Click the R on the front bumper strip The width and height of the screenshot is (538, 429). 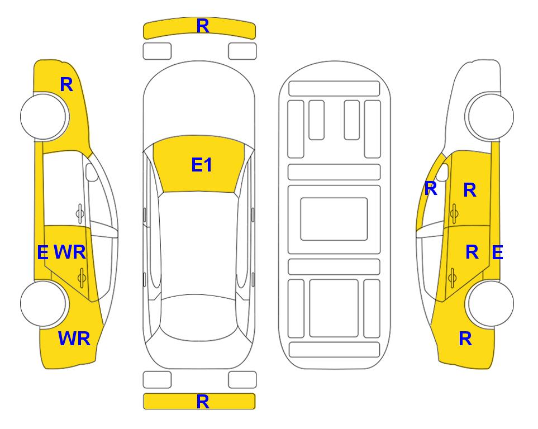coord(202,26)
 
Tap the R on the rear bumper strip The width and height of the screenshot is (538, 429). coord(202,401)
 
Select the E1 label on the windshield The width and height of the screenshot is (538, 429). coord(202,165)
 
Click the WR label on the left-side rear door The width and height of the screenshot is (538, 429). coord(70,252)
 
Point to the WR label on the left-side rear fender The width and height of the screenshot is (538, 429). coord(74,339)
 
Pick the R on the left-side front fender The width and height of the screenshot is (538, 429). coord(66,84)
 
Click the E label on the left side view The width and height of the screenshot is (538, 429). coord(42,252)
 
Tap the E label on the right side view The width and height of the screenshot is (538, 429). coord(497,252)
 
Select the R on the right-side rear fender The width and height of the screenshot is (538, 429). coord(465,339)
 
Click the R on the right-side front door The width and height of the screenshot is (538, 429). coord(470,190)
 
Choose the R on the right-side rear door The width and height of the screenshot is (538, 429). coord(472,252)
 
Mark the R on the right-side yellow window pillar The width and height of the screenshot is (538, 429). coord(430,189)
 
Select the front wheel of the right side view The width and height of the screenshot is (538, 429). coord(491,116)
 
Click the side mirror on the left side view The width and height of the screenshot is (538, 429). coord(92,173)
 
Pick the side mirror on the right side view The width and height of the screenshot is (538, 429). coord(442,173)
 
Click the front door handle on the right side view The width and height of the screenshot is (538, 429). coord(454,213)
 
